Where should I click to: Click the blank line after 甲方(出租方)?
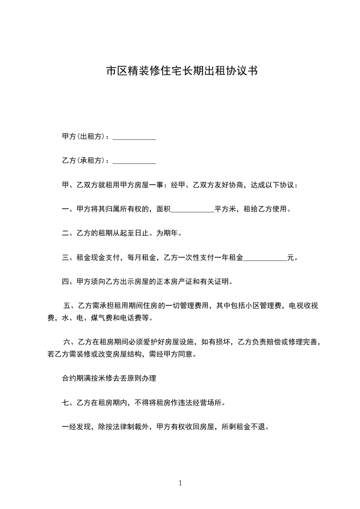pyautogui.click(x=134, y=137)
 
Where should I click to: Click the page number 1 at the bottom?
pyautogui.click(x=180, y=483)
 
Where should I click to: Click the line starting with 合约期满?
pyautogui.click(x=109, y=378)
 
